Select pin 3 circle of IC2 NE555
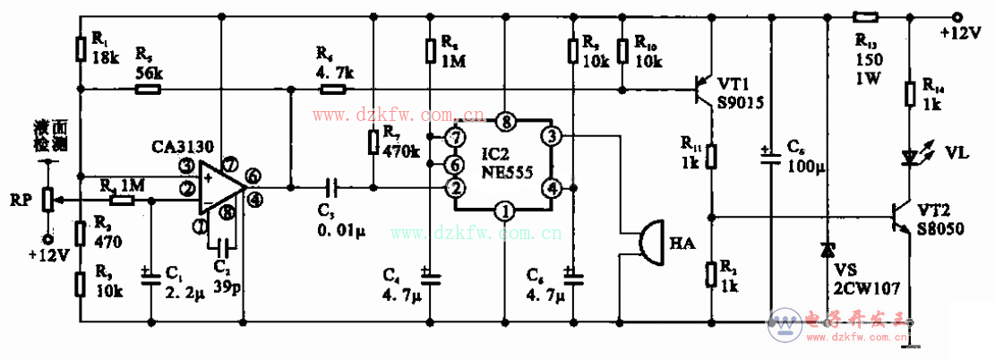click(553, 135)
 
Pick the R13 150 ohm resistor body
click(865, 15)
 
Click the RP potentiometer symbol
click(48, 199)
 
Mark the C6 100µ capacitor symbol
click(769, 158)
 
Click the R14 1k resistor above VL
click(911, 93)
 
